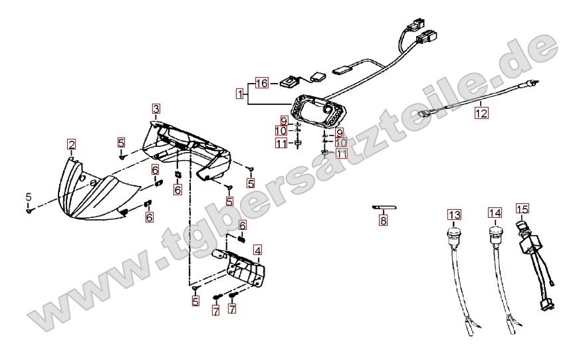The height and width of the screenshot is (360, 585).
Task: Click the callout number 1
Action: (x=240, y=93)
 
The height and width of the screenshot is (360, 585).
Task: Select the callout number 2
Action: (x=71, y=144)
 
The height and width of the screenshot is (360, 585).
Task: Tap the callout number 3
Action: (x=156, y=108)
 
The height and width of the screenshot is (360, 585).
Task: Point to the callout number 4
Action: (x=257, y=250)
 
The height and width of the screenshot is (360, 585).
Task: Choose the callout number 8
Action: (x=383, y=221)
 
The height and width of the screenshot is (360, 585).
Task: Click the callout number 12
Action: (x=481, y=112)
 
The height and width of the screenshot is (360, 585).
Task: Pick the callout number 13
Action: (x=454, y=215)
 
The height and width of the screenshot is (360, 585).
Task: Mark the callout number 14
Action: (x=495, y=213)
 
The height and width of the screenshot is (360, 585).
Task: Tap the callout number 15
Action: (x=523, y=209)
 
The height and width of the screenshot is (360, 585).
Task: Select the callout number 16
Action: (x=261, y=83)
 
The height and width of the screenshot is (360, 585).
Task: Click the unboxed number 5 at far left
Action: (x=29, y=197)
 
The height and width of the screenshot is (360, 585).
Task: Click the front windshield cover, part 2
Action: (x=99, y=190)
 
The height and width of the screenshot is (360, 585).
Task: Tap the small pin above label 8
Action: (x=384, y=207)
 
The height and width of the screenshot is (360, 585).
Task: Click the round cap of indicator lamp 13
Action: (x=453, y=233)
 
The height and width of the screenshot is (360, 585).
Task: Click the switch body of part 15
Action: (x=526, y=246)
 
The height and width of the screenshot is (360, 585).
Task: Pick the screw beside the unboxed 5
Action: (x=29, y=211)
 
